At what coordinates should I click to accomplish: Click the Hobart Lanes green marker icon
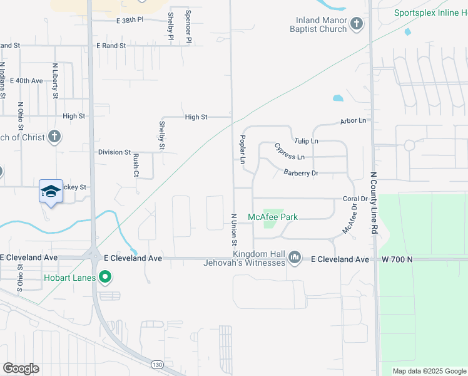tap(106, 276)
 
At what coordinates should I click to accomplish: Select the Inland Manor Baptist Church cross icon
tap(357, 24)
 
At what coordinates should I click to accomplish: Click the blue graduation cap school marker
tap(51, 191)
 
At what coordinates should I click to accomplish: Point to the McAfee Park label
tap(272, 217)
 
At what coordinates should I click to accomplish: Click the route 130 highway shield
tap(158, 364)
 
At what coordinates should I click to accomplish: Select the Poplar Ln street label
tap(242, 149)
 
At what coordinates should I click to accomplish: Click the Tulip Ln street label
tap(306, 141)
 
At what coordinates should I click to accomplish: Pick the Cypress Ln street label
tap(289, 152)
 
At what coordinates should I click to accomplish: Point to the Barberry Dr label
tap(301, 172)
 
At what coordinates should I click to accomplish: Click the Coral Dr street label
tap(354, 199)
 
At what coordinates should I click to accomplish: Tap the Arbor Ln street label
tap(353, 120)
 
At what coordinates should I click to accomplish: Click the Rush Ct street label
tap(136, 166)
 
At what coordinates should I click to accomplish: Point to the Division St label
tap(114, 152)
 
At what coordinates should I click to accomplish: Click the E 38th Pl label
tap(130, 20)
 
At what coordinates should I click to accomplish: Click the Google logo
tap(21, 368)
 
